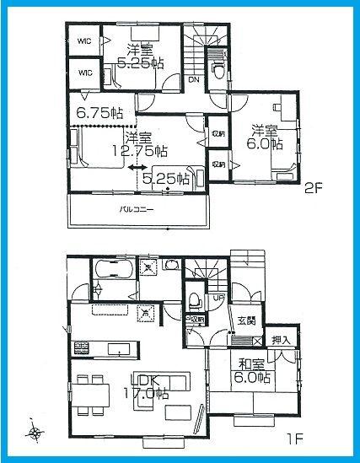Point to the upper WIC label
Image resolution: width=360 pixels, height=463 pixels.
pos(84,39)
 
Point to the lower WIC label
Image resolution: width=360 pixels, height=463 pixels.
pos(84,73)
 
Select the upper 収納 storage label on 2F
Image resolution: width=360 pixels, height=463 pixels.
pos(218,133)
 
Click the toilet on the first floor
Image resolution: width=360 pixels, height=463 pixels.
pos(194,300)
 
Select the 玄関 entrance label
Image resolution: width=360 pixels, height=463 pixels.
pos(247,320)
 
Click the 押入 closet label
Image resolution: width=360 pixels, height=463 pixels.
pos(281,340)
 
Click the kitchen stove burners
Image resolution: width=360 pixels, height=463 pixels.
pos(82,347)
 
